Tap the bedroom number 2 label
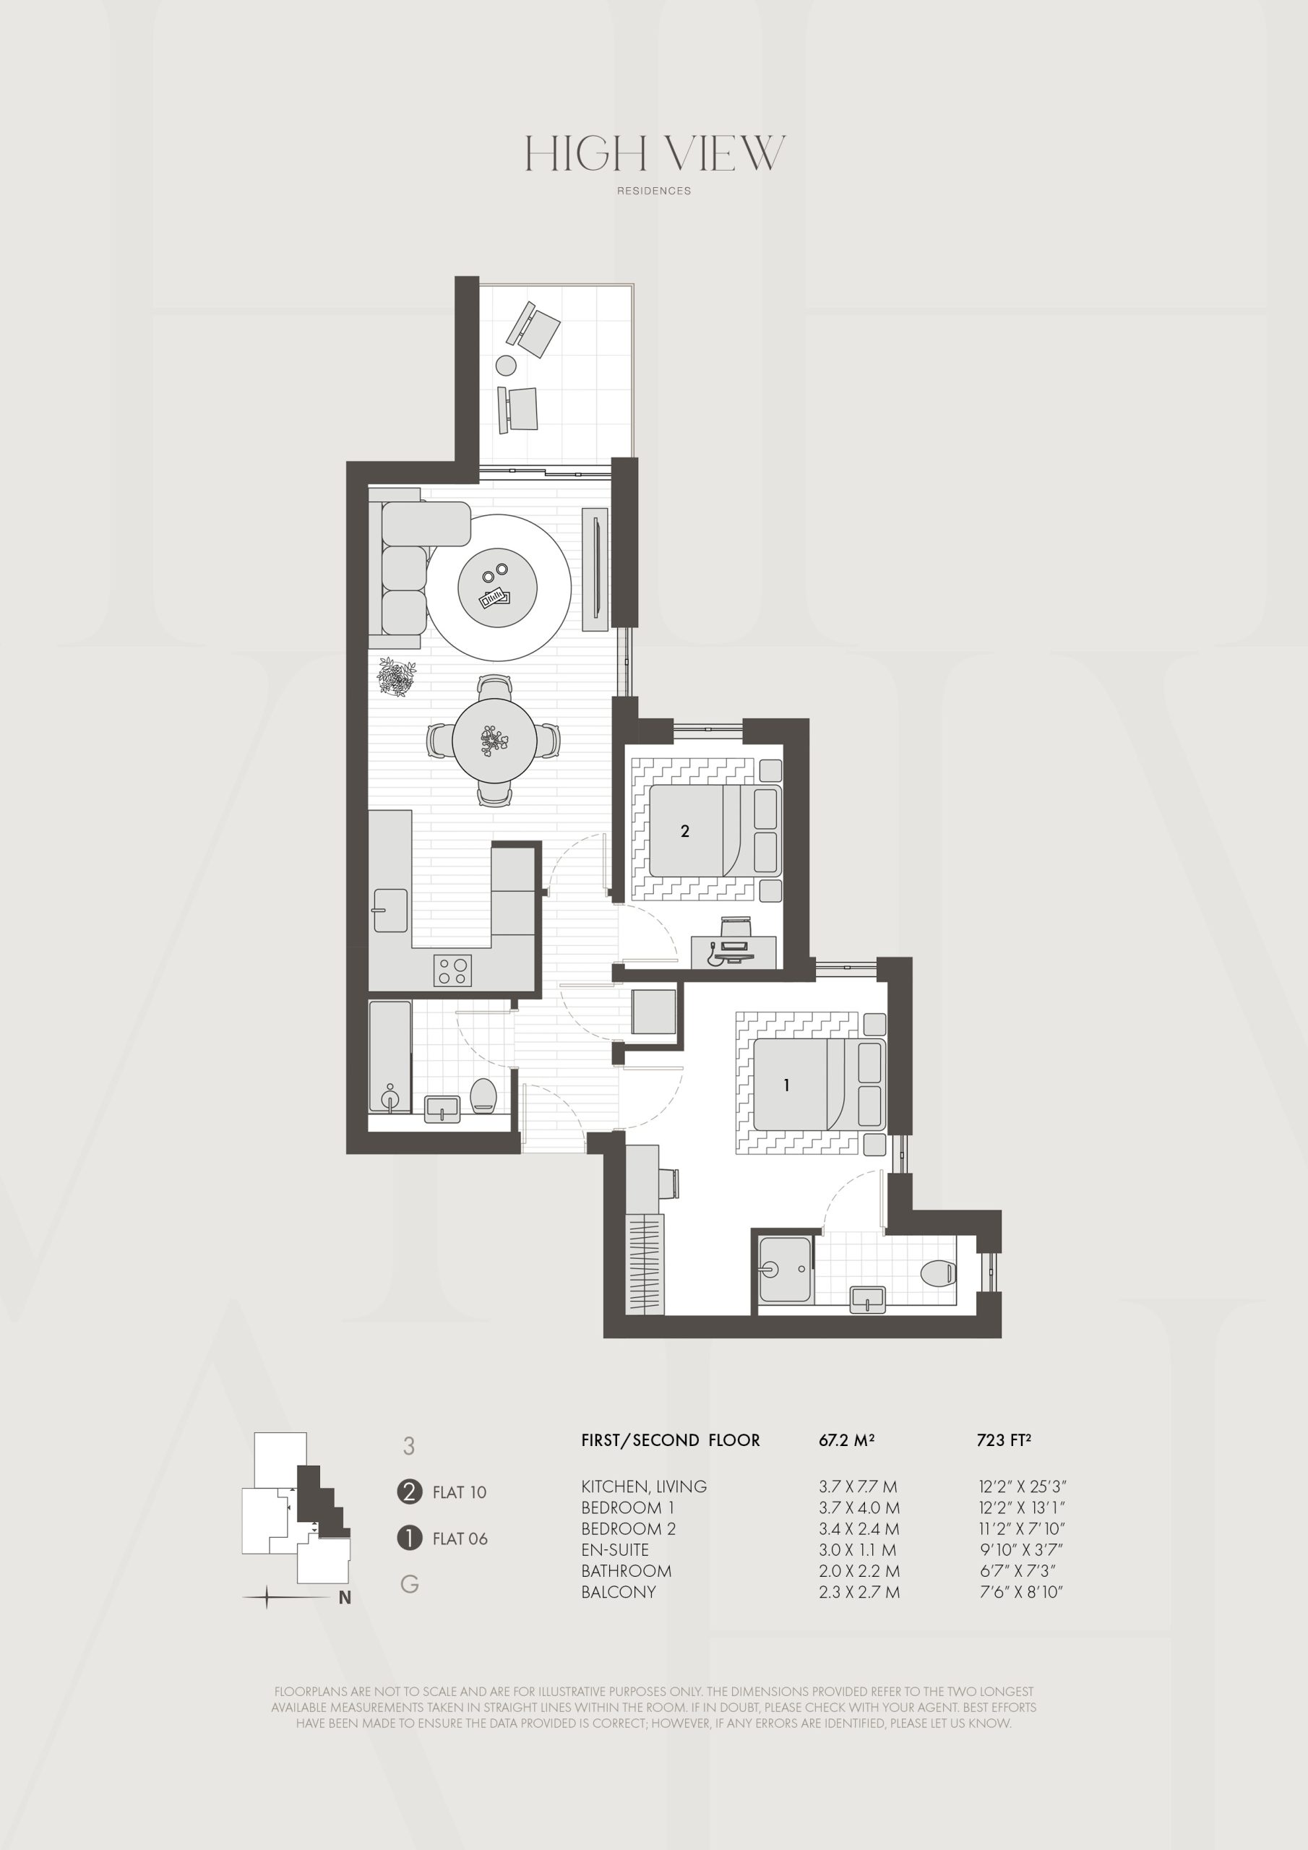(x=685, y=831)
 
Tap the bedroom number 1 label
(x=786, y=1085)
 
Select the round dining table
(x=494, y=740)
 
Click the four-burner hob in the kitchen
(x=452, y=970)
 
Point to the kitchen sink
(x=390, y=910)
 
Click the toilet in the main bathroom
(x=483, y=1094)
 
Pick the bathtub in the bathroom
(x=390, y=1057)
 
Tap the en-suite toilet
(x=938, y=1273)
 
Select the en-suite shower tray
(x=785, y=1270)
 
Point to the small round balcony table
(x=505, y=366)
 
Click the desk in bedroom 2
(x=734, y=952)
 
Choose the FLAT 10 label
(x=460, y=1492)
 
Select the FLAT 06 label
(x=460, y=1539)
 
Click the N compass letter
(x=345, y=1598)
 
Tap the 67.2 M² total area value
(x=847, y=1440)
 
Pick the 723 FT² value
(x=1003, y=1440)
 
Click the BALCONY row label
(x=618, y=1592)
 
